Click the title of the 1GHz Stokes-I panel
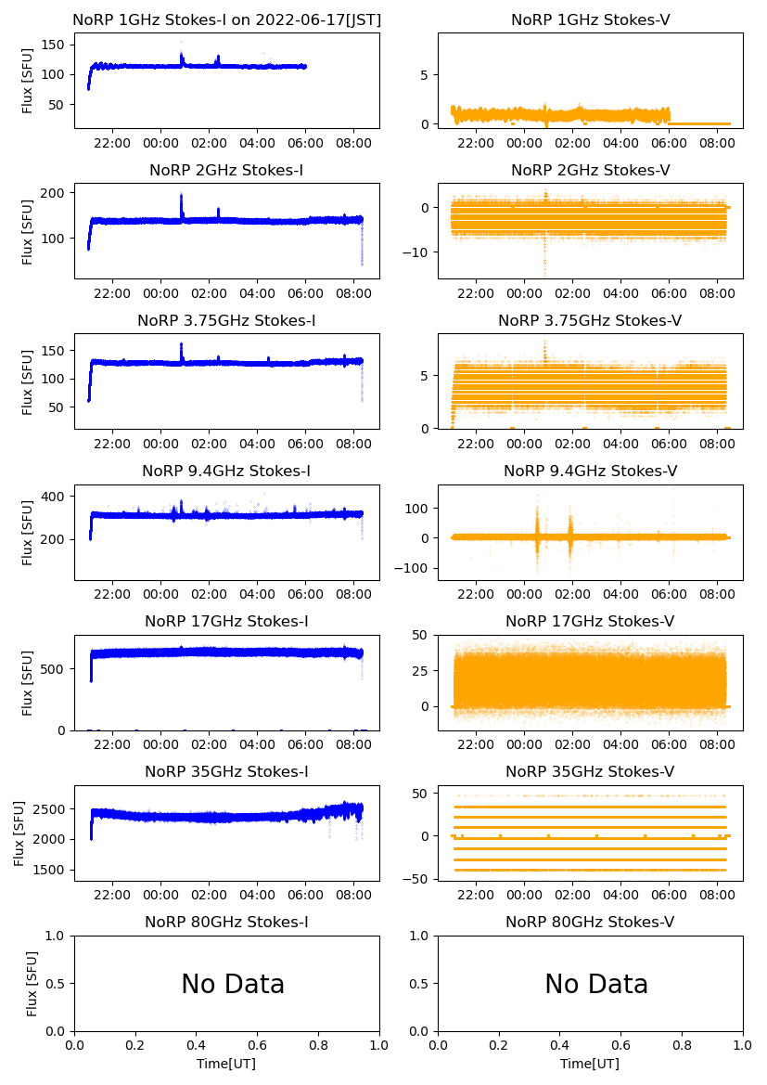226,19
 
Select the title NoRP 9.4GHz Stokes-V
590,471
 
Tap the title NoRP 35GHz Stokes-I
226,771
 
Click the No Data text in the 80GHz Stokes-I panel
233,984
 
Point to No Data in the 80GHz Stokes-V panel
596,984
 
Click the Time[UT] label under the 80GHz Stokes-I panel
226,1064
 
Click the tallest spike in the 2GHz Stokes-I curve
181,196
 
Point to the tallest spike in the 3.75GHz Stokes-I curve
181,345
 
